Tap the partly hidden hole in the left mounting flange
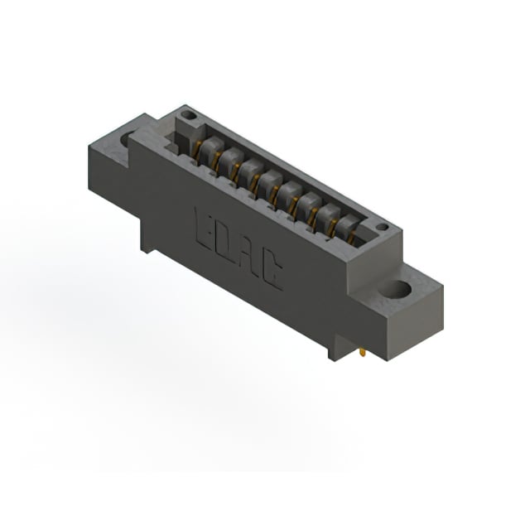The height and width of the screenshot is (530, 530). pos(125,138)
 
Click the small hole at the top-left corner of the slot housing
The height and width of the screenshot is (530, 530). pos(189,117)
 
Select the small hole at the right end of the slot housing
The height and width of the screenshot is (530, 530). pos(383,227)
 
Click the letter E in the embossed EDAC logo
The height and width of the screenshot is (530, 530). pos(205,229)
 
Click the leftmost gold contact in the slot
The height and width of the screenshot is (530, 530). pos(196,150)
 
